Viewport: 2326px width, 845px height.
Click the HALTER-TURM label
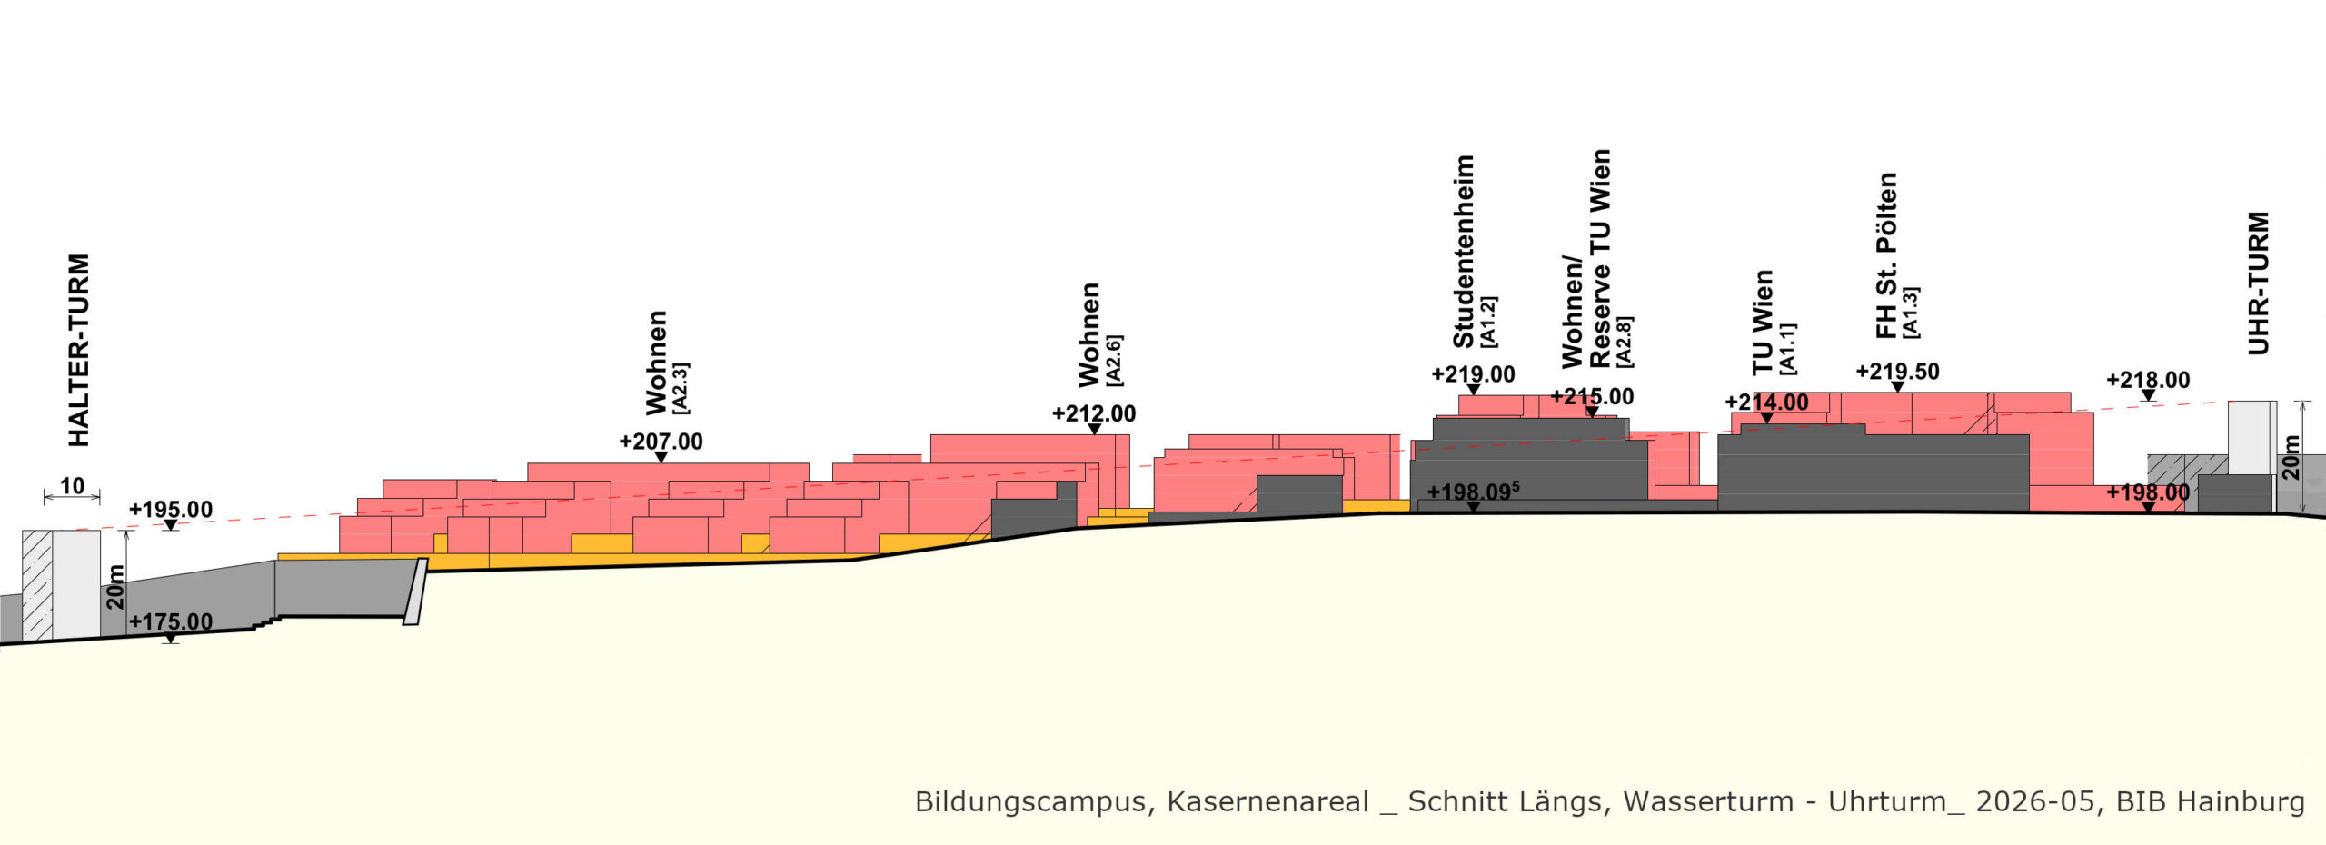79,350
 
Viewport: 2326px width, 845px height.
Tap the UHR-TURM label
2259,283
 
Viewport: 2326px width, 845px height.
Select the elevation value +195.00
171,510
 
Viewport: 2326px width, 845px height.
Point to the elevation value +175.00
171,622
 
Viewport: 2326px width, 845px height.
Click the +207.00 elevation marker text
661,442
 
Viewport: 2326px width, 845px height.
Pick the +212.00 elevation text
1094,413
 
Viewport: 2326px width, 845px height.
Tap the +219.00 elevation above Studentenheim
1473,374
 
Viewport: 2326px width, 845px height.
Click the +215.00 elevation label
1592,397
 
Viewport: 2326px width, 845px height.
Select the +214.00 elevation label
1766,403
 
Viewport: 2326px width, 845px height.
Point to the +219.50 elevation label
1897,372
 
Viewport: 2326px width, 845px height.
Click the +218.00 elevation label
2148,380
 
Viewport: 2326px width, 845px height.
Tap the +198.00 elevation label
2148,492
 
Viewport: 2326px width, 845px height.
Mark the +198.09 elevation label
1473,492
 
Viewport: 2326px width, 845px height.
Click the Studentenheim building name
1464,252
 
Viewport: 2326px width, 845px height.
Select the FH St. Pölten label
1886,255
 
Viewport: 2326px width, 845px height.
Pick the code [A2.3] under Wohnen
680,389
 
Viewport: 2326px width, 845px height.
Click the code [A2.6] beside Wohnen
1114,361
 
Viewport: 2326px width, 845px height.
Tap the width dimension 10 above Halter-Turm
72,486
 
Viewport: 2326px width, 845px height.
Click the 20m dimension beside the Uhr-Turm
2291,457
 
